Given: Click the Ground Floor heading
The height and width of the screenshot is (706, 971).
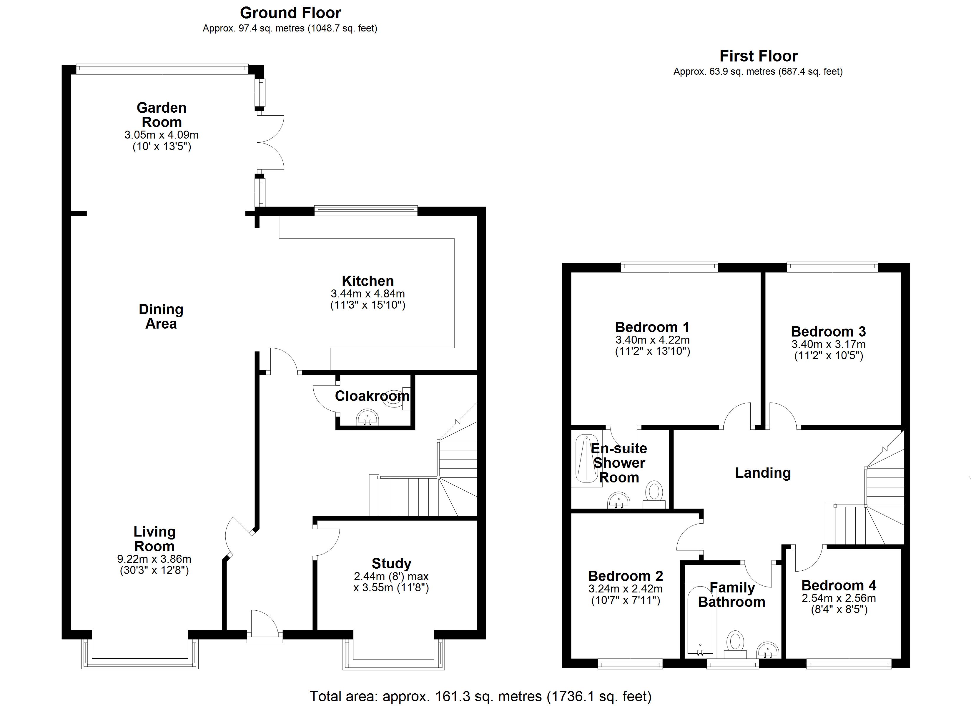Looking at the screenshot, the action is click(290, 13).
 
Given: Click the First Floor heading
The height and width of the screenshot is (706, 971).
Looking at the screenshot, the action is click(758, 56).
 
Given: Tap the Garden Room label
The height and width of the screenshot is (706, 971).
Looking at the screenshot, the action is click(162, 115).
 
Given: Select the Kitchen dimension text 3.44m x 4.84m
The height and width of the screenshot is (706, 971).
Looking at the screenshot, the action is click(367, 294).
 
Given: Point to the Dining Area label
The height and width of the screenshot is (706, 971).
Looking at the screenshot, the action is click(161, 317).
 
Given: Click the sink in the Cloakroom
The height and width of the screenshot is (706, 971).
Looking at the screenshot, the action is click(367, 417).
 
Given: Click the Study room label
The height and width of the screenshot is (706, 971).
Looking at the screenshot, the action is click(391, 563).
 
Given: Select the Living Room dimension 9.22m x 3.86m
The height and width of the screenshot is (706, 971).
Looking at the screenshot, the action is click(154, 559).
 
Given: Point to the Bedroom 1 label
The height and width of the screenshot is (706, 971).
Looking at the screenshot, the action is click(652, 327).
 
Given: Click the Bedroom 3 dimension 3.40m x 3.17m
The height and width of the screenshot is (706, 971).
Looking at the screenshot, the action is click(828, 344).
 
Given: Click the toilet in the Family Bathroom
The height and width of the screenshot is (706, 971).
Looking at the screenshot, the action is click(735, 642).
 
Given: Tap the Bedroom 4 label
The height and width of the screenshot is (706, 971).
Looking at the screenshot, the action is click(838, 585).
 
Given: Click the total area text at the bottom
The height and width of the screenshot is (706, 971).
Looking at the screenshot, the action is click(480, 696).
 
